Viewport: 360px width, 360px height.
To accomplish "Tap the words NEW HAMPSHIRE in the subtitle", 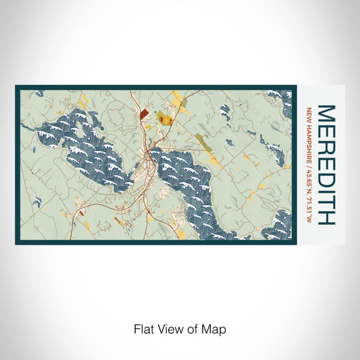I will (x=309, y=134).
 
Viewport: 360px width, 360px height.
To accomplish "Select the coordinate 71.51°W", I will (x=309, y=207).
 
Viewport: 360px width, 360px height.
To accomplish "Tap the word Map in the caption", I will (x=215, y=328).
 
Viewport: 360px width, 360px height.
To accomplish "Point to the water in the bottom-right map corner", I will (x=280, y=225).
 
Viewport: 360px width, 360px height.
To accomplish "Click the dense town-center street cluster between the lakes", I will (x=149, y=169).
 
